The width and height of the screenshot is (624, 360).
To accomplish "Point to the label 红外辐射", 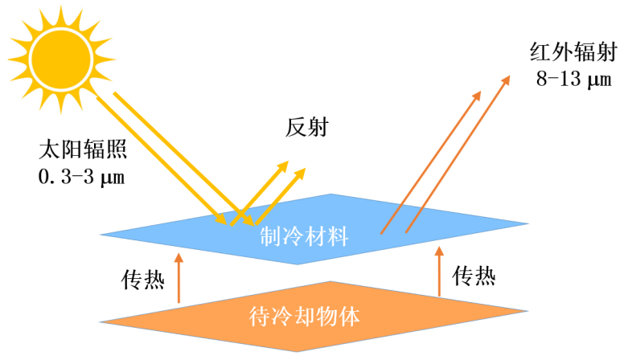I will [x=573, y=54].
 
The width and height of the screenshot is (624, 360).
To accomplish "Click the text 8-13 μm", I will [x=573, y=79].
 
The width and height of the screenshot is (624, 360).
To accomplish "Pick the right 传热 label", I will [x=474, y=276].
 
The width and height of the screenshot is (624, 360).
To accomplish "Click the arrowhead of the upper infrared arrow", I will [x=507, y=79].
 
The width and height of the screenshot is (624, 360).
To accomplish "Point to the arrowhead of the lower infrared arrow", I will [x=478, y=93].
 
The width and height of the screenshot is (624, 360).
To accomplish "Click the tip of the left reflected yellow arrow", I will [x=286, y=163].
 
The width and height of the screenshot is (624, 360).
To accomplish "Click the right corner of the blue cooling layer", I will [x=528, y=223].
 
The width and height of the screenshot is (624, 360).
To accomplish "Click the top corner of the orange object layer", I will [x=328, y=282].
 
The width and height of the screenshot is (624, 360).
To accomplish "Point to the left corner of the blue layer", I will [x=101, y=235].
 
